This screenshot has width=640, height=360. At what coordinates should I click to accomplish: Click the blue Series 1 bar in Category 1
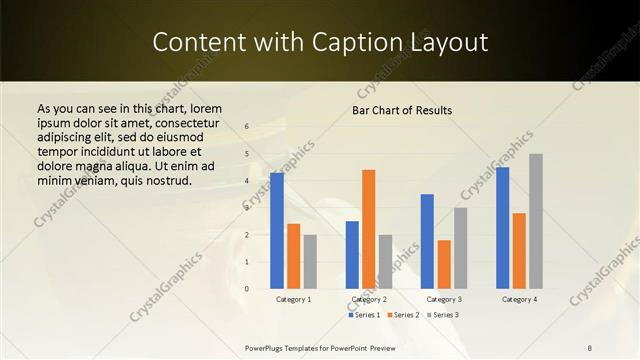[277, 231]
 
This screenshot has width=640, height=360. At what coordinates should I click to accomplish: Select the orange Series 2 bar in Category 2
[369, 229]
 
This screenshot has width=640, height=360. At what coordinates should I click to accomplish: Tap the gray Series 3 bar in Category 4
[536, 221]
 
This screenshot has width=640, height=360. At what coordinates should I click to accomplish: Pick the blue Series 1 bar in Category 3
[427, 241]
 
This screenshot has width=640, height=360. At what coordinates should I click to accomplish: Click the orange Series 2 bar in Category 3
[444, 264]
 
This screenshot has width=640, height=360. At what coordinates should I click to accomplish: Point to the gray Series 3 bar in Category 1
[310, 262]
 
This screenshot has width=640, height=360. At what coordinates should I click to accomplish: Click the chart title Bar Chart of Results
[402, 110]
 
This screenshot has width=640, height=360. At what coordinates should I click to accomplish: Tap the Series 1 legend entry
[364, 315]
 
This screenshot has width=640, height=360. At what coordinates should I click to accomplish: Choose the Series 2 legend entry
[403, 315]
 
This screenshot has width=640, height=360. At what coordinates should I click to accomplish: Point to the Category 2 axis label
[369, 299]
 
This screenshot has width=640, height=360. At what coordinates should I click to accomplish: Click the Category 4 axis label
[519, 299]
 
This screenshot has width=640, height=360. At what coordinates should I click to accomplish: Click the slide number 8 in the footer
[590, 347]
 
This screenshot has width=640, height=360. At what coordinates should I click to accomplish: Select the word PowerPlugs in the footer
[268, 347]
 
